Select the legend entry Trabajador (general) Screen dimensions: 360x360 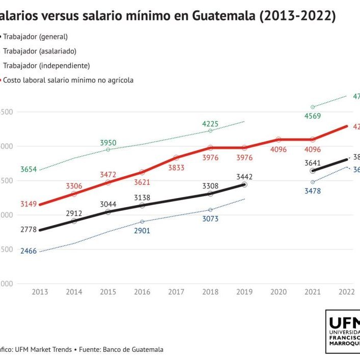point(35,37)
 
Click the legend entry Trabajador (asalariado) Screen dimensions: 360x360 point(40,51)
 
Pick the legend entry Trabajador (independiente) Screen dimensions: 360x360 point(46,65)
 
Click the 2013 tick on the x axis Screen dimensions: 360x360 point(40,292)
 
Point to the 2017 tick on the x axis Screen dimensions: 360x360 point(176,292)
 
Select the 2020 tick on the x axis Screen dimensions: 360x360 point(279,292)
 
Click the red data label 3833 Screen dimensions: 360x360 point(176,168)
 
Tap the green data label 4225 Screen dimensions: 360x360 point(210,123)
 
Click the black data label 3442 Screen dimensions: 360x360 point(244,177)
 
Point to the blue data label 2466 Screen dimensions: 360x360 point(29,252)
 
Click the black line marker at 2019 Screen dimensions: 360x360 point(244,184)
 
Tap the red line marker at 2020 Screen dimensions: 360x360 point(279,139)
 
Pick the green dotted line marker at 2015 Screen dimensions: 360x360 point(108,149)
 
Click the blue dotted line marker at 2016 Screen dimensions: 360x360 point(142,221)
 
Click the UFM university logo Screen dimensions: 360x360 point(343,331)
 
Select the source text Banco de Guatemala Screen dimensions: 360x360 point(133,349)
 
